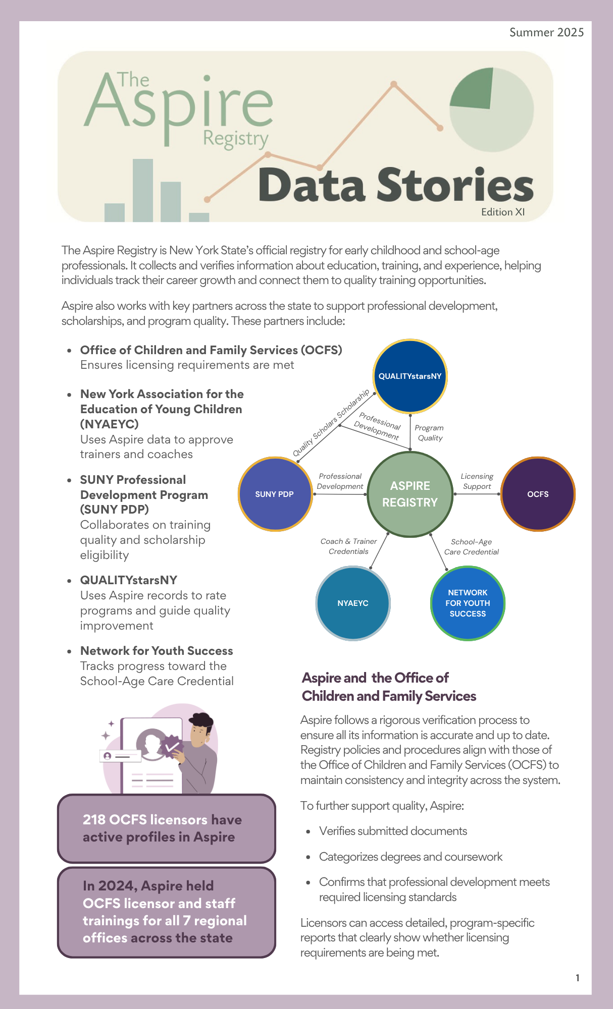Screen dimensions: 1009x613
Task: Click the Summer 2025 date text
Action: [x=546, y=33]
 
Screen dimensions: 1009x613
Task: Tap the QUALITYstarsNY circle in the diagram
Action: [x=410, y=376]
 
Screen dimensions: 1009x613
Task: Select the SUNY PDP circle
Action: [x=275, y=494]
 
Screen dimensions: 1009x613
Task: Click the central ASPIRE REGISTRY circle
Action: [x=410, y=494]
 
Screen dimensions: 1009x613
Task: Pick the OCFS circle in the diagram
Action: [x=538, y=494]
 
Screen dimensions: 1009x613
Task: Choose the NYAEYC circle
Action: [x=353, y=603]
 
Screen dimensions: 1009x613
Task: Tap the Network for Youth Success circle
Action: [x=468, y=603]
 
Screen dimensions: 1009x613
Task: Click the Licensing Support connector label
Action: [x=477, y=481]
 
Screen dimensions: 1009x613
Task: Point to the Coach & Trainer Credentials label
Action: [x=348, y=546]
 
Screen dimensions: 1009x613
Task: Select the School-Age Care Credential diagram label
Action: [x=471, y=547]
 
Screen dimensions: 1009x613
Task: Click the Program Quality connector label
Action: [x=429, y=433]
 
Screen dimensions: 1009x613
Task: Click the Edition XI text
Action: [x=503, y=212]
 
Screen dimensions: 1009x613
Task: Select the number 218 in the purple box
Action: [x=93, y=820]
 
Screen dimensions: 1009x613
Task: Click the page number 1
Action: [x=578, y=978]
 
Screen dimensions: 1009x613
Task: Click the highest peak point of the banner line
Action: [x=394, y=84]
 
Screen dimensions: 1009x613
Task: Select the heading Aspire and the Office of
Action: [x=375, y=678]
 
